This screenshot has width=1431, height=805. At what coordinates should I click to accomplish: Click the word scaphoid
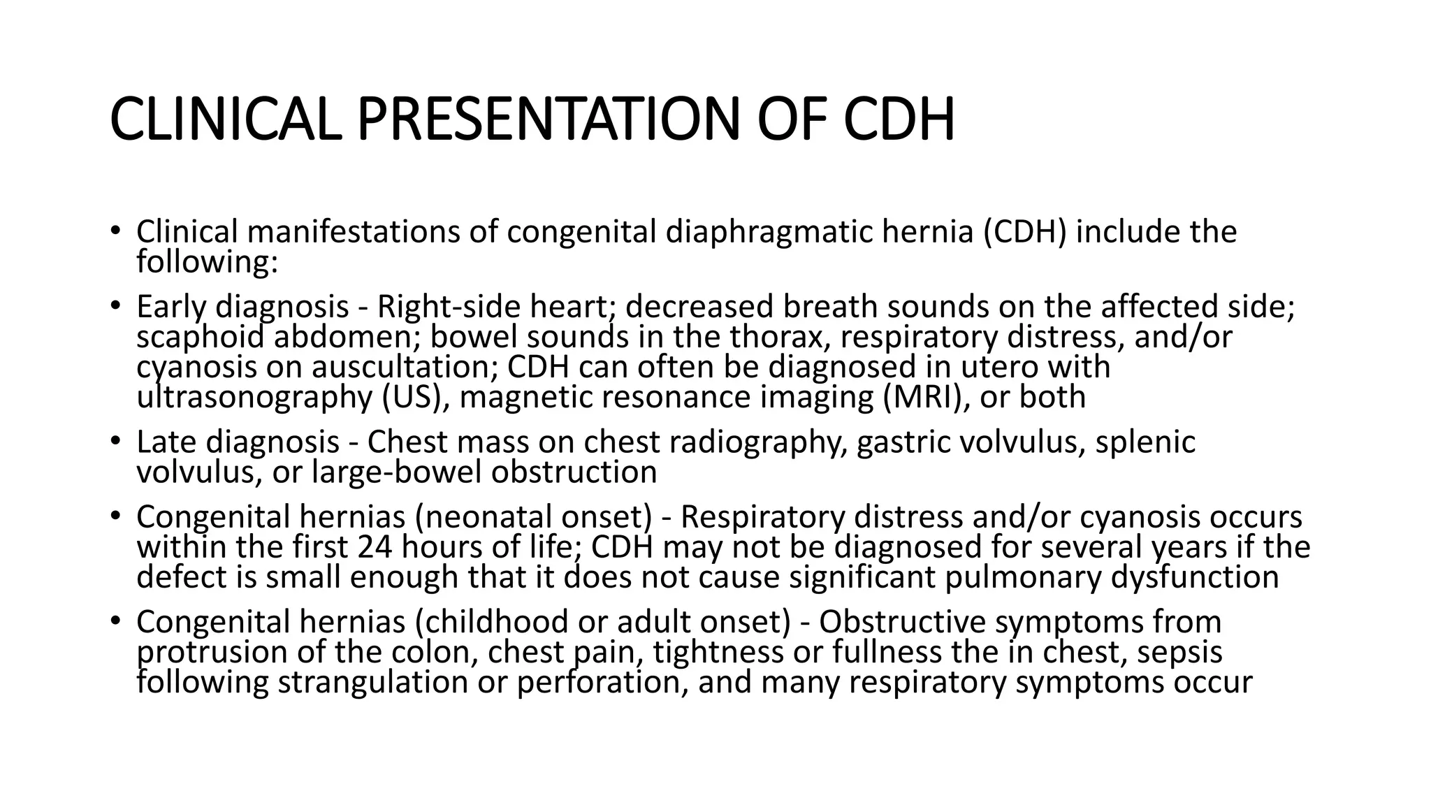[x=201, y=337]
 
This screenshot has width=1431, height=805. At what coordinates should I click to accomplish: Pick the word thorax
[x=780, y=337]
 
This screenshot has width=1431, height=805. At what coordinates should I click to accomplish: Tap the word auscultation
[x=405, y=367]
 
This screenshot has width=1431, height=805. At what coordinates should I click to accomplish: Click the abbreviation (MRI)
[x=926, y=397]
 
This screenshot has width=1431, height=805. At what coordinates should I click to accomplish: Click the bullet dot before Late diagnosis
[x=116, y=442]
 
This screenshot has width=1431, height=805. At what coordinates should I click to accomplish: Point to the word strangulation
[x=372, y=682]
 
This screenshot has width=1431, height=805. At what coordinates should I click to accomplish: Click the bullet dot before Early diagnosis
[x=116, y=307]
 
